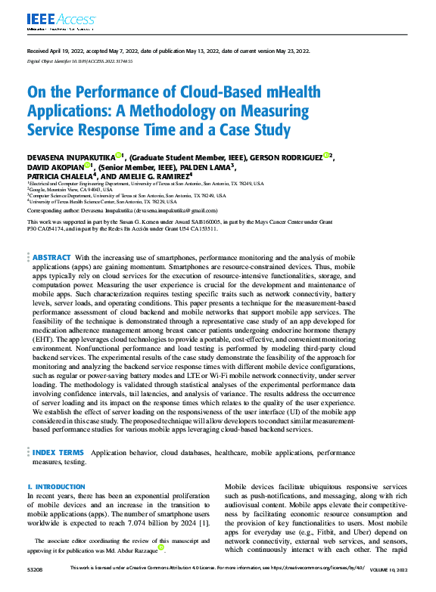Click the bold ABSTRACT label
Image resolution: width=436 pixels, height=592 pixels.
pyautogui.click(x=51, y=258)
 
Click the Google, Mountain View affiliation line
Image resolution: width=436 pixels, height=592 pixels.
pyautogui.click(x=61, y=189)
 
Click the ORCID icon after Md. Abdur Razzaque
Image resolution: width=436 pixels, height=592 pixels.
pyautogui.click(x=160, y=548)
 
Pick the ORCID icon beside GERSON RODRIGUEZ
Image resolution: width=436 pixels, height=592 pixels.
pyautogui.click(x=326, y=156)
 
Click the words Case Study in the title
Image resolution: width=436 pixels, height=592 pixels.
pyautogui.click(x=251, y=129)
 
